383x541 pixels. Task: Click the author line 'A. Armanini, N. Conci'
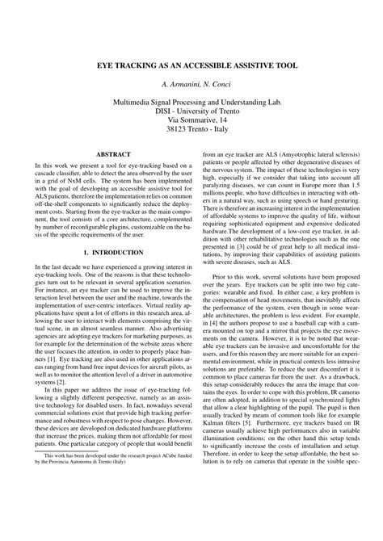point(191,84)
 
